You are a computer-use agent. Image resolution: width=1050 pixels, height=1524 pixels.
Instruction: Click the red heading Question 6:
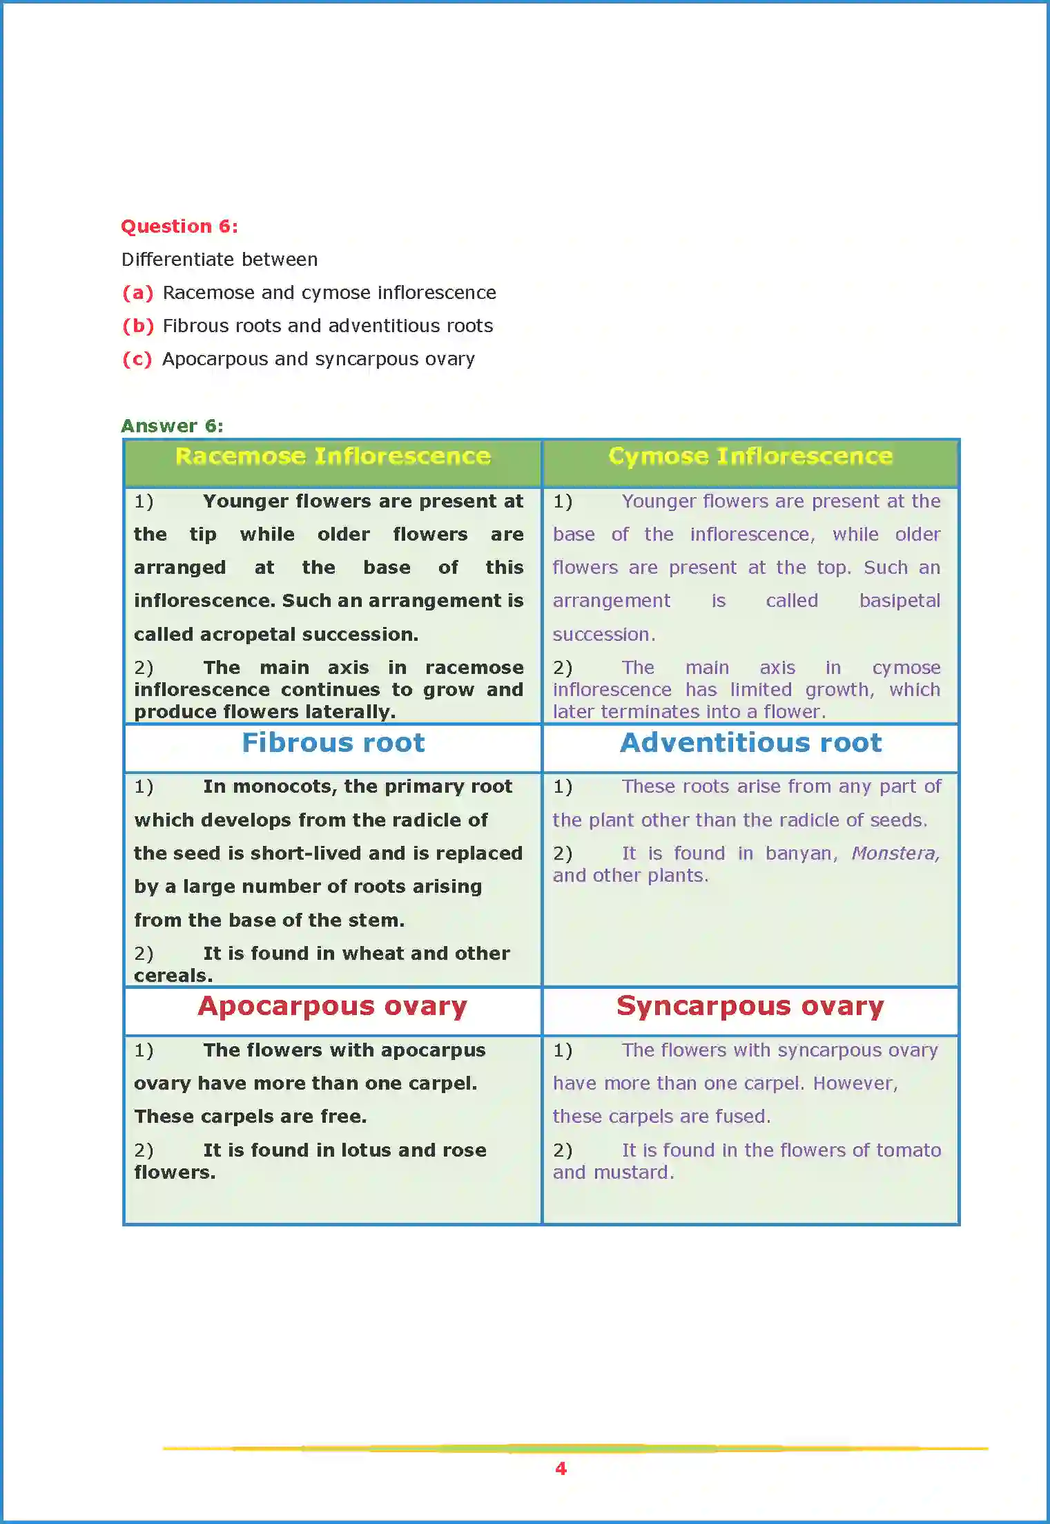point(179,226)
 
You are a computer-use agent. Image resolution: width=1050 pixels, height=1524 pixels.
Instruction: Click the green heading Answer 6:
point(172,426)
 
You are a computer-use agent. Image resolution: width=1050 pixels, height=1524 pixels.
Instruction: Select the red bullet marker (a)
point(137,293)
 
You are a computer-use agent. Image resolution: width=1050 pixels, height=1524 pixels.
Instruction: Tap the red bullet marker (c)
point(137,359)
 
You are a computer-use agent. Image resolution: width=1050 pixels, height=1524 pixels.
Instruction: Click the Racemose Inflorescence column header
point(333,456)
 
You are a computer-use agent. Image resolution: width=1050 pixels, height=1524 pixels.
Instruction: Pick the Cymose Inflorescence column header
point(750,456)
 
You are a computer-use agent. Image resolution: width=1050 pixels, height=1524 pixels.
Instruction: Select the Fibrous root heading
point(333,743)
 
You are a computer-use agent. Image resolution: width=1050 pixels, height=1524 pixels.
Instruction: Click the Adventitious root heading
point(750,743)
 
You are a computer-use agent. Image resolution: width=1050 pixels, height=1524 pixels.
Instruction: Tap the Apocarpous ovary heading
point(333,1007)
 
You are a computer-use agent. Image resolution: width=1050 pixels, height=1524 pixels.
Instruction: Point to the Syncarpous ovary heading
point(750,1007)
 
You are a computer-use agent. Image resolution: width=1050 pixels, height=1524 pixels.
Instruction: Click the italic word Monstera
point(895,853)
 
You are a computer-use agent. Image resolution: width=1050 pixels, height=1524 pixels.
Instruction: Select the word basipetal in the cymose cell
point(900,601)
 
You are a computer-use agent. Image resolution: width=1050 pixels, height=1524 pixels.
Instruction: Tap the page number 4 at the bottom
point(561,1469)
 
